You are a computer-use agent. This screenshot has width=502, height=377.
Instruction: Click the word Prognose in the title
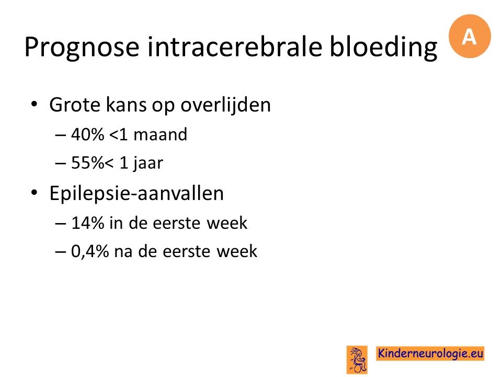click(x=82, y=48)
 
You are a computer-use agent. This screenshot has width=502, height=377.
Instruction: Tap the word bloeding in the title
click(x=383, y=48)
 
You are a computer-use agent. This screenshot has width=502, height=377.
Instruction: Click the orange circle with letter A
click(x=470, y=36)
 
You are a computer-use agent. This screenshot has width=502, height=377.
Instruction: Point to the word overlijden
click(x=226, y=105)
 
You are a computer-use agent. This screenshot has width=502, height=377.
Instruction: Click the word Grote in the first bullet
click(x=75, y=105)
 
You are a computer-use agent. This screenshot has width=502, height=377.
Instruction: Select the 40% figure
click(x=87, y=135)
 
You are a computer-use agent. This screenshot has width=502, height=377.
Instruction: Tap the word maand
click(x=160, y=135)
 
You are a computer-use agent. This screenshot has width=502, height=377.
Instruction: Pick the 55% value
click(x=87, y=162)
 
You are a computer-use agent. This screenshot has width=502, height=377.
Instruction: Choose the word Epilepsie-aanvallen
click(x=136, y=193)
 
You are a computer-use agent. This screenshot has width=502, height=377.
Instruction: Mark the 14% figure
click(x=87, y=223)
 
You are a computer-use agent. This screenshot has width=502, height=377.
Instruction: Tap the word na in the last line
click(x=123, y=252)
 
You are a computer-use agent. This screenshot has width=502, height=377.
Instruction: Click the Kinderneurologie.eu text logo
click(x=430, y=353)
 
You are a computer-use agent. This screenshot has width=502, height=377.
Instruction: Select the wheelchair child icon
click(x=357, y=360)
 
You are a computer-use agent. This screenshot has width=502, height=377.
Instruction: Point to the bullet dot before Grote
click(x=35, y=105)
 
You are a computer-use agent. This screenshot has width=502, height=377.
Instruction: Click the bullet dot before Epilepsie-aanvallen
click(x=35, y=193)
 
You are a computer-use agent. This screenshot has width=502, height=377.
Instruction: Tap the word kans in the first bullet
click(x=126, y=105)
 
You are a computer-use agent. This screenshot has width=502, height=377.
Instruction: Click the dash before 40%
click(x=61, y=135)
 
